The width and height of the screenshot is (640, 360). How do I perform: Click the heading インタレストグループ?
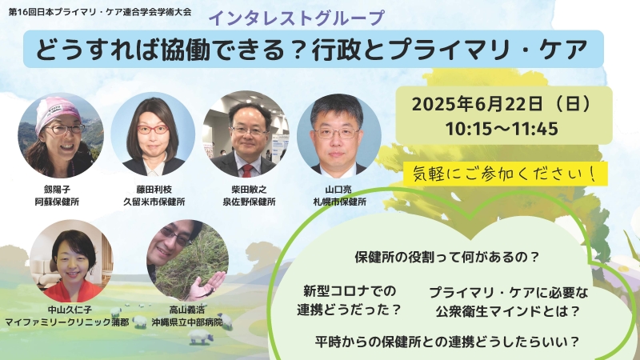point(297,18)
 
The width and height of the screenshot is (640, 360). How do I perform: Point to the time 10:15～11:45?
point(502,129)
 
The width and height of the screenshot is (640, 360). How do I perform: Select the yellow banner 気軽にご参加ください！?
point(506,174)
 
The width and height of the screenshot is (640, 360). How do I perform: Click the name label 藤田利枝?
point(154,190)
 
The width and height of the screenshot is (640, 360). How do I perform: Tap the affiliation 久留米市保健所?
point(154,202)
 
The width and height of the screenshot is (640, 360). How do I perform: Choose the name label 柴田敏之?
point(249,190)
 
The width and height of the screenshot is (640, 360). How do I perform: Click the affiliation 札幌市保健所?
point(339,202)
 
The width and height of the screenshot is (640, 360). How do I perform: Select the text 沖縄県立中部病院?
point(187,322)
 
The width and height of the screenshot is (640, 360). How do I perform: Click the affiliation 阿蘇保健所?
point(57,202)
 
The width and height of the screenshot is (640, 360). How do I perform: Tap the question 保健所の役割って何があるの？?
point(447,257)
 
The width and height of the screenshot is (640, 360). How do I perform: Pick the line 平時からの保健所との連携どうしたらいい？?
point(447,342)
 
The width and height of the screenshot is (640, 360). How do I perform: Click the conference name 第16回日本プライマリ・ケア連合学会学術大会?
point(100,11)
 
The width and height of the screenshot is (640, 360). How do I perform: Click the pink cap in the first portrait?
point(56,111)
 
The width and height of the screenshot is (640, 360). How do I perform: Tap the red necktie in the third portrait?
point(247,170)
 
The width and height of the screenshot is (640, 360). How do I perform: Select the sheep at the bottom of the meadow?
point(201,337)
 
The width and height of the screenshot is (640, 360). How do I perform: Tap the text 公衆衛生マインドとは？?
point(508,311)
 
